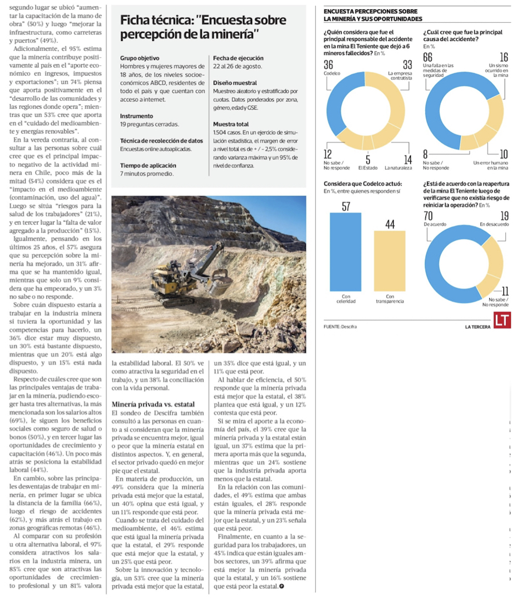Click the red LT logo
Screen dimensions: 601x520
pos(502,320)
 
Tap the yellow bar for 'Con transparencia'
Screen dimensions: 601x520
pos(389,260)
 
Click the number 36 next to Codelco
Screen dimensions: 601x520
pos(328,65)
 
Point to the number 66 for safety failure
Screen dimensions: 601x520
pos(428,57)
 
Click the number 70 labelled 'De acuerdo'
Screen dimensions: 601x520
pos(428,215)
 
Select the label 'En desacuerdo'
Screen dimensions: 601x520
pos(494,224)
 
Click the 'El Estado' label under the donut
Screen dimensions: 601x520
pos(368,168)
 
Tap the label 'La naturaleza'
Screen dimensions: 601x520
pos(398,168)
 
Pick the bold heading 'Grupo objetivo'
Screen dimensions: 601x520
pos(139,58)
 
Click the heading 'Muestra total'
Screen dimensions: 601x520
pos(231,124)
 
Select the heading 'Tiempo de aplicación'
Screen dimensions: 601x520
pos(148,165)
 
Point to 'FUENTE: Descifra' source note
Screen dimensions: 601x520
pos(340,326)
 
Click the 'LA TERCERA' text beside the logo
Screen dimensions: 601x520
pos(477,327)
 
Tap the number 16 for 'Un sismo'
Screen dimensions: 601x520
pos(503,57)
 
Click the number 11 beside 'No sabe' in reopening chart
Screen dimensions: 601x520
pos(504,292)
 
